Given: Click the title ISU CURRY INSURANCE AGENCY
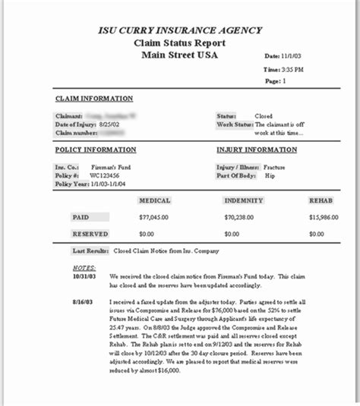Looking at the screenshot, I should pos(180,30).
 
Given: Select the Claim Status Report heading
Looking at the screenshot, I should pos(180,42).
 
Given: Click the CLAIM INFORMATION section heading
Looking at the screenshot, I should pos(94,99).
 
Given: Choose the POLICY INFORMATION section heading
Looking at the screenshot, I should pos(96,149).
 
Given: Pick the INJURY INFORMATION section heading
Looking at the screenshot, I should pos(257,149).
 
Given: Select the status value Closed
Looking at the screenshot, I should pos(265,115).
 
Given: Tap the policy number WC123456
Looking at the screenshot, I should pos(106,175).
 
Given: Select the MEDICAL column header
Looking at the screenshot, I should pos(154,200).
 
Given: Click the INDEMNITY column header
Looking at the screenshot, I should pos(244,200).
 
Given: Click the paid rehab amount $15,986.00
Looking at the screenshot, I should pos(324,217).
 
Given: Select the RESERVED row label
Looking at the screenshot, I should pos(90,234).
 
